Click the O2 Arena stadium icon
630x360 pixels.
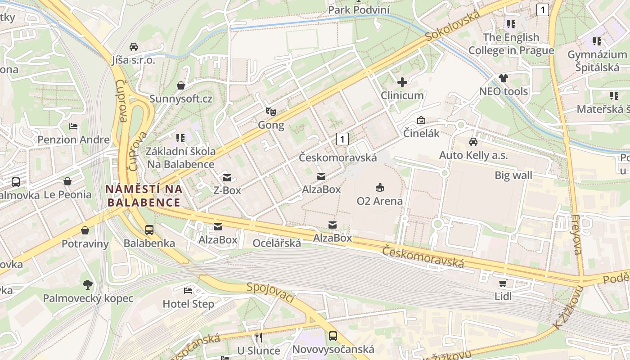(x=380, y=187)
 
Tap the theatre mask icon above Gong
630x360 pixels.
(x=270, y=111)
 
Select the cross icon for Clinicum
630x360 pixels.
(x=402, y=82)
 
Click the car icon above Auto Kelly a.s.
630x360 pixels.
(x=473, y=142)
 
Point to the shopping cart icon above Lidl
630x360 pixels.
(x=503, y=283)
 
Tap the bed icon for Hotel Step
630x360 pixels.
(x=188, y=290)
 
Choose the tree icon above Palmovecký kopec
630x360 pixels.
(x=88, y=284)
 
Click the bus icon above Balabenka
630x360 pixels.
(x=149, y=229)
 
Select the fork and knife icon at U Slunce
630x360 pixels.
(x=258, y=337)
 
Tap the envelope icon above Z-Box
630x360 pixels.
(x=227, y=177)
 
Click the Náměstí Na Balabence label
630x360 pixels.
(x=144, y=196)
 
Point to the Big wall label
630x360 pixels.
(x=513, y=175)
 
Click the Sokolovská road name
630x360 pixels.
(x=453, y=26)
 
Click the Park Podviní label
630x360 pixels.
(x=359, y=9)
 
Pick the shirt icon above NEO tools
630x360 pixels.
(x=503, y=78)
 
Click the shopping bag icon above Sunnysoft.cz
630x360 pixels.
(x=181, y=85)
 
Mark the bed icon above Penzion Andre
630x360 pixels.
(x=73, y=126)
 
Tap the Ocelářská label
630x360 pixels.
(x=277, y=243)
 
